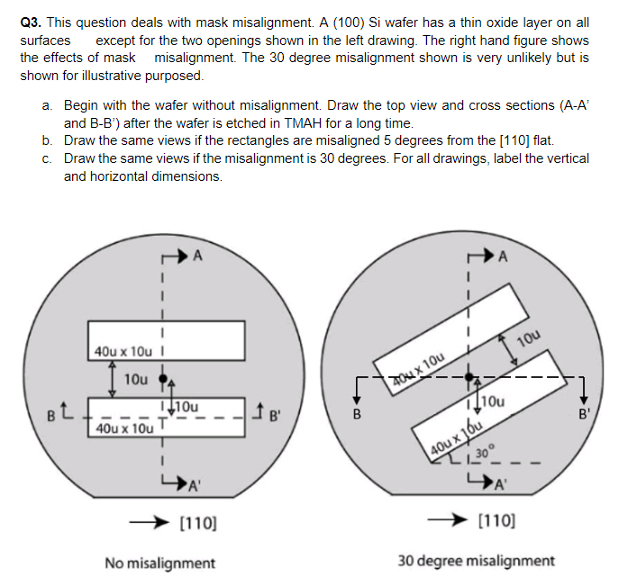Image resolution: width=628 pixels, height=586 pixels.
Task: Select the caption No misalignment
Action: [159, 563]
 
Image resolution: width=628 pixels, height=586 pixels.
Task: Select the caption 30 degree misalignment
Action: [476, 560]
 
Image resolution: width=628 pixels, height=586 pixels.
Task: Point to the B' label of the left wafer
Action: [277, 415]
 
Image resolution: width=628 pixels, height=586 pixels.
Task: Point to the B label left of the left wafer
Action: [52, 415]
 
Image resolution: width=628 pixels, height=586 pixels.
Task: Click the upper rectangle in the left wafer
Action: [198, 340]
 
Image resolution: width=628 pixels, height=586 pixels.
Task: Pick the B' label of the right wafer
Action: [586, 416]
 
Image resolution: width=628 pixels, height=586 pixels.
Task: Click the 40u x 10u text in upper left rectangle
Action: [122, 350]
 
